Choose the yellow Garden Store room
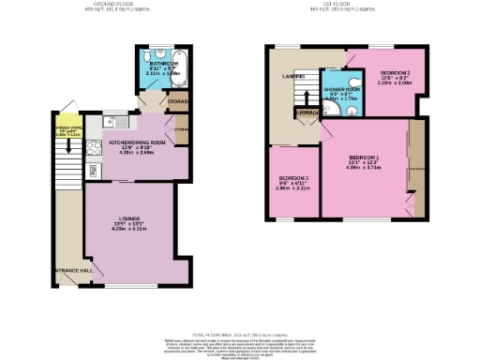point(66,130)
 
